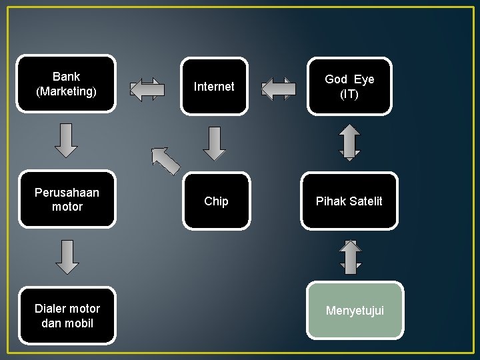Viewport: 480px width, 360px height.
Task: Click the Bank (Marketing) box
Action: click(x=66, y=84)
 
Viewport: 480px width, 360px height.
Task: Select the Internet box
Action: click(x=214, y=86)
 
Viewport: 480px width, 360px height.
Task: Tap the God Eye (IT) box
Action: click(x=349, y=87)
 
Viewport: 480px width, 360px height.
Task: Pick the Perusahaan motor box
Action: click(x=67, y=199)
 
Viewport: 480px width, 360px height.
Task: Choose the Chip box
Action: click(x=216, y=201)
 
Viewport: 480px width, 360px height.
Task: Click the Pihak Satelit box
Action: click(x=349, y=201)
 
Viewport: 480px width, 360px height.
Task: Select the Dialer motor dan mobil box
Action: click(x=67, y=315)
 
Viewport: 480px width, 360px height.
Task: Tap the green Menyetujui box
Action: click(x=355, y=310)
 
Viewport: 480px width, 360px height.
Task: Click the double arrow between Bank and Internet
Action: click(x=147, y=89)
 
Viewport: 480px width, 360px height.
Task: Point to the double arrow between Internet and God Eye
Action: click(x=278, y=89)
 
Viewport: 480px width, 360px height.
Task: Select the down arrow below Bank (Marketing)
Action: click(x=66, y=140)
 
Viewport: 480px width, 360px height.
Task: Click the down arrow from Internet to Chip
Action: click(x=214, y=143)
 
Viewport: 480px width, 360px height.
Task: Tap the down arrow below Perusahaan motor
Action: click(x=67, y=257)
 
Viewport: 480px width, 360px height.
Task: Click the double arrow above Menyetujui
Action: click(x=350, y=256)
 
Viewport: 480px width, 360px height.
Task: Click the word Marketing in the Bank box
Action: click(x=67, y=91)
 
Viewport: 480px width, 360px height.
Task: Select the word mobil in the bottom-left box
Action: click(x=78, y=323)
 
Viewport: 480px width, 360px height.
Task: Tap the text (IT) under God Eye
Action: click(x=349, y=95)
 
